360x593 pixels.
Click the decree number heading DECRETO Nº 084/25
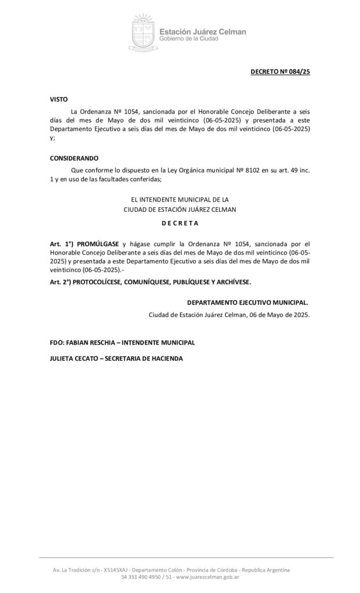[281, 72]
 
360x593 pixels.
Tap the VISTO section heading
[58, 99]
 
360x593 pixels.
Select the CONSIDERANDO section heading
[74, 158]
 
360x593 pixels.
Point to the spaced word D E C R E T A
[180, 222]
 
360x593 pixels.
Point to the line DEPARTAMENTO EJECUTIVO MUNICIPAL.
[248, 302]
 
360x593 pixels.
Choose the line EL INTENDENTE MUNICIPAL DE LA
[180, 199]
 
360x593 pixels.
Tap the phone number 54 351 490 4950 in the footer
[139, 577]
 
